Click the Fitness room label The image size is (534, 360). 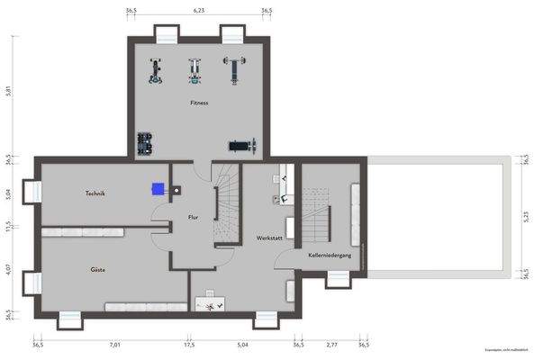click(x=199, y=103)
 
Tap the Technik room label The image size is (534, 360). click(x=95, y=193)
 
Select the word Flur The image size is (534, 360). click(x=193, y=218)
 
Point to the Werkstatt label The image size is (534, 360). click(x=269, y=238)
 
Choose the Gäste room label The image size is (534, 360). click(x=97, y=270)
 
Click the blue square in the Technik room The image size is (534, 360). click(x=158, y=189)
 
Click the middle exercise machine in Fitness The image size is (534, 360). click(x=195, y=70)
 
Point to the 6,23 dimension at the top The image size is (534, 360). click(x=199, y=11)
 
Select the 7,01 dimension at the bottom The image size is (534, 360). click(x=114, y=344)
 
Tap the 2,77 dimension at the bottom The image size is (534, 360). click(x=331, y=344)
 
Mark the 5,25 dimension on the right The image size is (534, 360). click(x=525, y=216)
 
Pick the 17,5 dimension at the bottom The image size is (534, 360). click(x=189, y=344)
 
